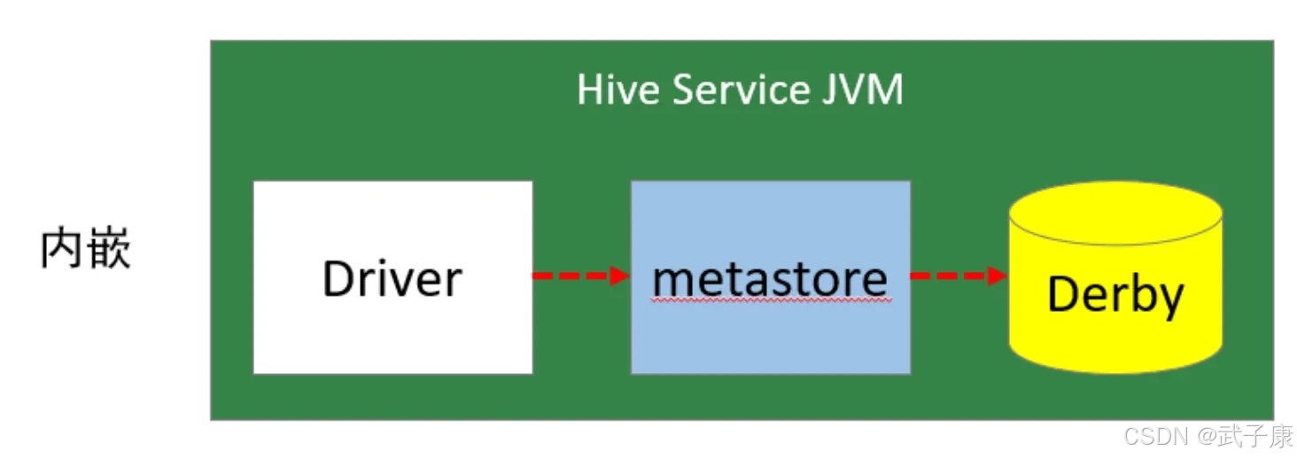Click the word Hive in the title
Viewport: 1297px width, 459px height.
point(617,90)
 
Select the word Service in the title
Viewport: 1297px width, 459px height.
point(742,90)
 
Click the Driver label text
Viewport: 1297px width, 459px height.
point(392,279)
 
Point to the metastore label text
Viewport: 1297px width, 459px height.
point(770,280)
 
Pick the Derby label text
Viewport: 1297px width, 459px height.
point(1115,295)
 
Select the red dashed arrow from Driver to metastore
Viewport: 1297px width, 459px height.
point(581,276)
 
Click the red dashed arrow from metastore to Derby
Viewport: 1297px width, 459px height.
point(959,276)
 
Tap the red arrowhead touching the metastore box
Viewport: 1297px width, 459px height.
point(620,276)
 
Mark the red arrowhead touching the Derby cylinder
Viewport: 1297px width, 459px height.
point(998,276)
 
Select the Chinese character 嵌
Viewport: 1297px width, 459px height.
point(110,248)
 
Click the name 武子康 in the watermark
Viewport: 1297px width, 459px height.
point(1255,437)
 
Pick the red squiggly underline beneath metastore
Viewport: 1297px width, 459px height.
point(772,300)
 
